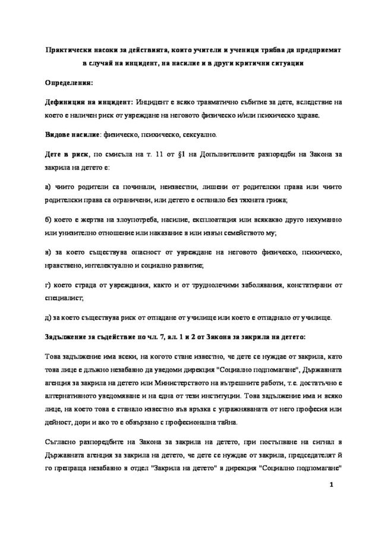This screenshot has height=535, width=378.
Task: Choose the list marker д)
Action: [48, 316]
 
